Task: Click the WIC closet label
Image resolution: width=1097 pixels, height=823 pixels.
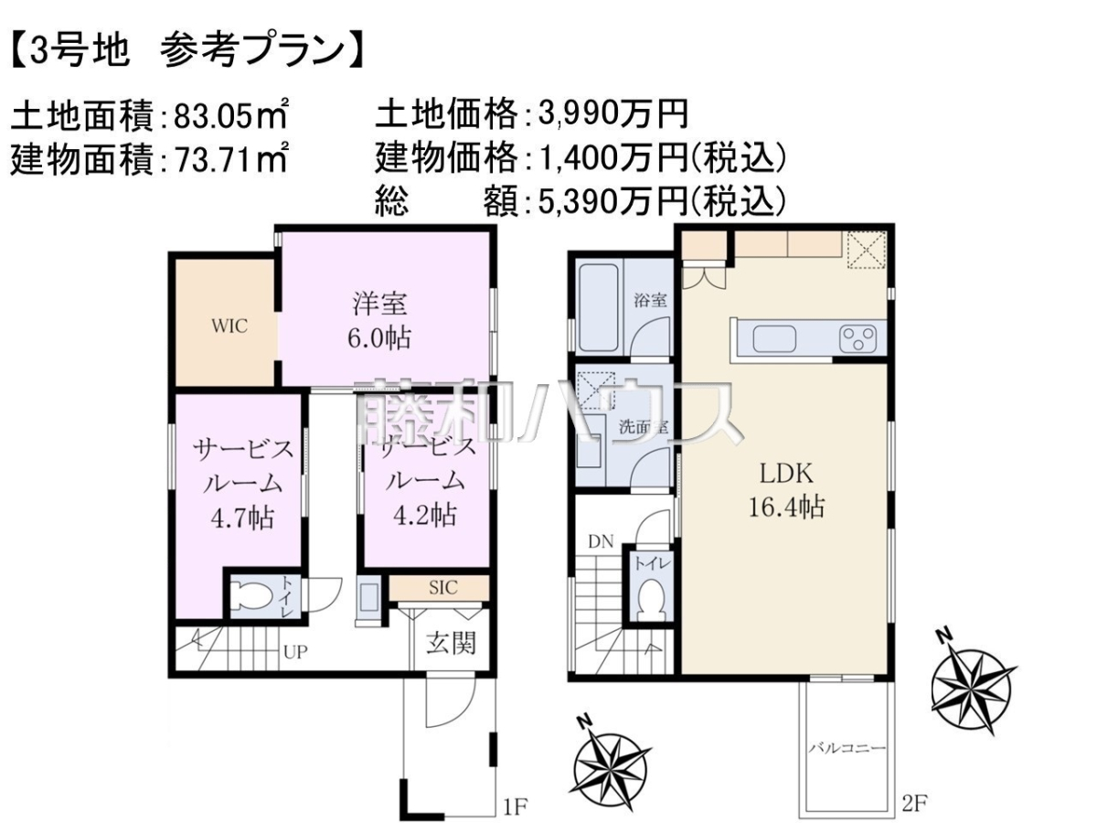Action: click(x=229, y=326)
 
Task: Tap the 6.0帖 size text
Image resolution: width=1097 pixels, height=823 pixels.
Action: click(x=379, y=338)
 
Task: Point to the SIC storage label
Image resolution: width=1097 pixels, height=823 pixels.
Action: click(x=442, y=588)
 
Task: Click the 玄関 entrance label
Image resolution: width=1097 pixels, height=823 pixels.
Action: click(x=451, y=643)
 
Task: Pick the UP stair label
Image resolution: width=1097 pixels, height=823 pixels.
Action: click(x=295, y=652)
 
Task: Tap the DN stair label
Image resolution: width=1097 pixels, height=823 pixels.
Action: click(x=601, y=541)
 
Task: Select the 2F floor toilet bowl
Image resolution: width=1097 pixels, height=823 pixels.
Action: click(x=651, y=599)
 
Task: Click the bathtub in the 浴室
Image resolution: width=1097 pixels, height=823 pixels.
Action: click(x=599, y=307)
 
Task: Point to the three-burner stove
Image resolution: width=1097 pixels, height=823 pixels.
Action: click(x=857, y=338)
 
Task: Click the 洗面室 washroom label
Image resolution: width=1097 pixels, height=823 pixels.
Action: click(x=643, y=427)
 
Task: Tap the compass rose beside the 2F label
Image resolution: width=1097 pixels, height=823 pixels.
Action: click(x=973, y=686)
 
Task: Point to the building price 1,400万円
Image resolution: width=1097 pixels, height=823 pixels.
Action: click(x=612, y=158)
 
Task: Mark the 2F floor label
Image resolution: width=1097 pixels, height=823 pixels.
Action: click(x=914, y=804)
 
